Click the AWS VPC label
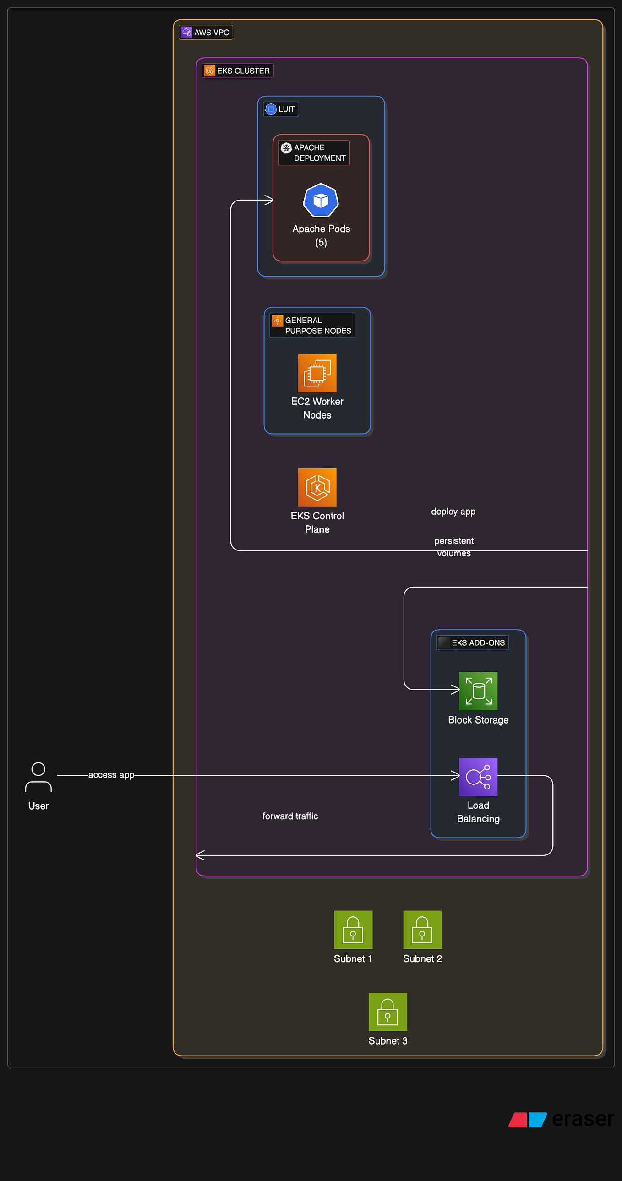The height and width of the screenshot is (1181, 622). pos(206,33)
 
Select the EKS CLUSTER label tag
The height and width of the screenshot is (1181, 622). pos(238,71)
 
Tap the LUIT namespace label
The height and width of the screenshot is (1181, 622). pos(281,109)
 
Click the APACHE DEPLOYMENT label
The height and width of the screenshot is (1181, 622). pos(314,152)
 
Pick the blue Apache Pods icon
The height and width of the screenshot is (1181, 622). pos(321,201)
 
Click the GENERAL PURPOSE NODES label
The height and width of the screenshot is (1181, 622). pos(312,326)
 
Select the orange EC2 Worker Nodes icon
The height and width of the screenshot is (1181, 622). pos(317,373)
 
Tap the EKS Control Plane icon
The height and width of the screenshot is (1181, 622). pos(317,488)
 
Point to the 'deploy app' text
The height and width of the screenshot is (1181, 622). pos(453,512)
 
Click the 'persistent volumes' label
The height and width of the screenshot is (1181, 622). pos(453,546)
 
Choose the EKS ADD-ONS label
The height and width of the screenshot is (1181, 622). pos(473,643)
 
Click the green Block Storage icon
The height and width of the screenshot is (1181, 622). pos(478,691)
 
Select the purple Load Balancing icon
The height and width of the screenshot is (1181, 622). pos(478,777)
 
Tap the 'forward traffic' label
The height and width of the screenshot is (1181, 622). pos(290,816)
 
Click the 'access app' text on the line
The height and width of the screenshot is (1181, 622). pos(111,775)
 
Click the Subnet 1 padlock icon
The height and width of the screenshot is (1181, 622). pos(353,930)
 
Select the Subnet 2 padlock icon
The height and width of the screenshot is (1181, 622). pos(422,930)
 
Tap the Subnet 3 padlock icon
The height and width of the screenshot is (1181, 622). pos(387,1012)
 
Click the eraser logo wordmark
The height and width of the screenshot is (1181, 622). pos(583,1119)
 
